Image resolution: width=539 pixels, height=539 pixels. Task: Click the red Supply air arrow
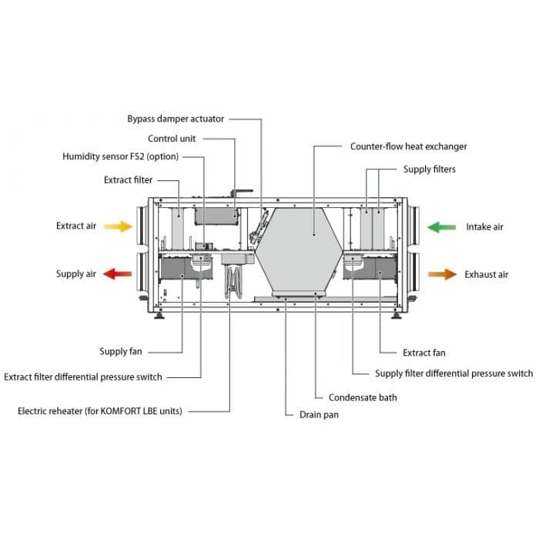pyautogui.click(x=118, y=273)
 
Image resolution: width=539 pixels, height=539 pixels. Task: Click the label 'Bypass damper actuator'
pyautogui.click(x=176, y=119)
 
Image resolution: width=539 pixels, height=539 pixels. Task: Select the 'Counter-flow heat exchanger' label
pyautogui.click(x=408, y=146)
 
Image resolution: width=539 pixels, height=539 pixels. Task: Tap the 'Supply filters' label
pyautogui.click(x=429, y=169)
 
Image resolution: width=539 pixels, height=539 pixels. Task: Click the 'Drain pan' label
pyautogui.click(x=319, y=414)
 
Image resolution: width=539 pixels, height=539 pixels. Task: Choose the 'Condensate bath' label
pyautogui.click(x=363, y=397)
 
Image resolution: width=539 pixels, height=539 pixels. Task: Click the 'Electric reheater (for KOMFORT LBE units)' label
pyautogui.click(x=100, y=411)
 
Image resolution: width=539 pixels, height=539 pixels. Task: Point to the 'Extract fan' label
pyautogui.click(x=423, y=353)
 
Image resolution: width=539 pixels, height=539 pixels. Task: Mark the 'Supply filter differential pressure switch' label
pyautogui.click(x=454, y=373)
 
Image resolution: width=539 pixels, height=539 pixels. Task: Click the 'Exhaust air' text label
pyautogui.click(x=486, y=274)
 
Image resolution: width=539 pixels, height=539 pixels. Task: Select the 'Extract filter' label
pyautogui.click(x=128, y=180)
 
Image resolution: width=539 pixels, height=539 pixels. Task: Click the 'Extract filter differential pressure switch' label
pyautogui.click(x=83, y=377)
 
